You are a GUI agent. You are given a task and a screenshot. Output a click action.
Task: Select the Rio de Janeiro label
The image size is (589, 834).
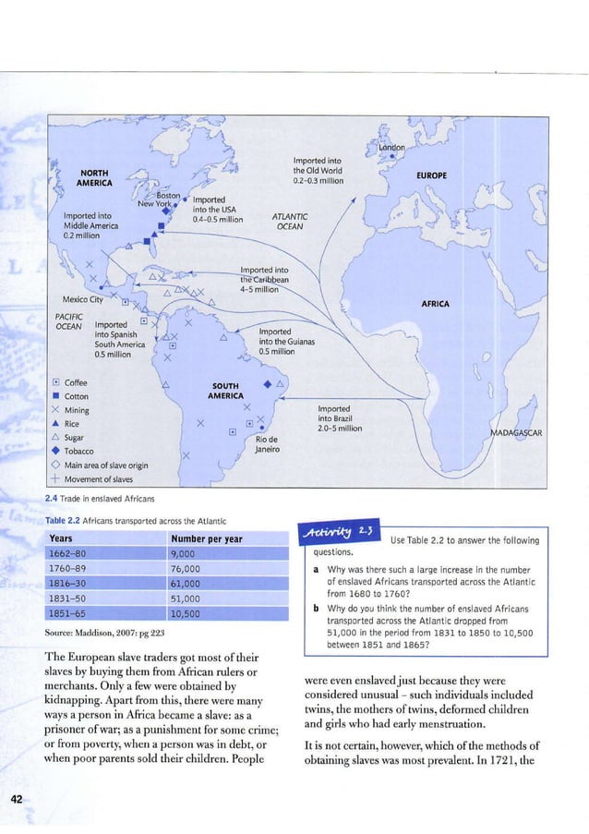click(x=267, y=445)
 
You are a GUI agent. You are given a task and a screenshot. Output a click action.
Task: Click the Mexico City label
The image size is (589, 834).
click(x=82, y=299)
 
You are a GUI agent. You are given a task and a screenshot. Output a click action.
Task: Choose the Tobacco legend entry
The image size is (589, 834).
click(x=80, y=452)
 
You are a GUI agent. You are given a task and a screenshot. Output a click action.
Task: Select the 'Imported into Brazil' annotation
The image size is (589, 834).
click(x=339, y=418)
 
